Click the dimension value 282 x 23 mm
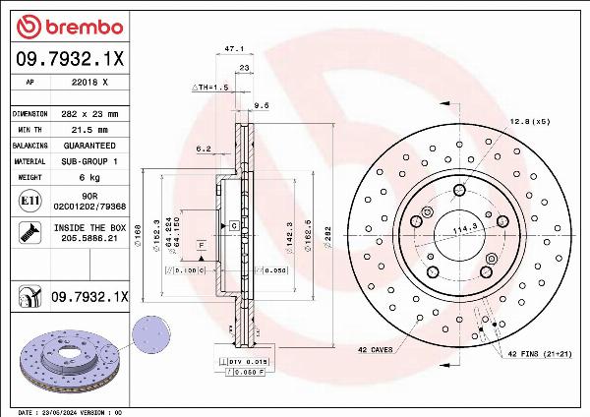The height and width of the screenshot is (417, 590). click(x=88, y=114)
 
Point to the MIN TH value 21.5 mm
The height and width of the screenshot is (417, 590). click(x=88, y=129)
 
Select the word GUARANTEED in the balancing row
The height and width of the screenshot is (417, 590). click(x=88, y=145)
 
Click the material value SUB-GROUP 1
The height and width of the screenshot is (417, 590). click(x=88, y=160)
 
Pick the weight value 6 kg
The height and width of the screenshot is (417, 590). click(x=88, y=177)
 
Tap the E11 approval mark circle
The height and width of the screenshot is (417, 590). click(x=29, y=201)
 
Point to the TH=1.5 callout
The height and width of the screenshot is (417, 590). click(x=210, y=87)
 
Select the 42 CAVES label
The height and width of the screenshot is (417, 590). click(x=376, y=350)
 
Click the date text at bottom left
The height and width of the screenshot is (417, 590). click(x=70, y=411)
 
